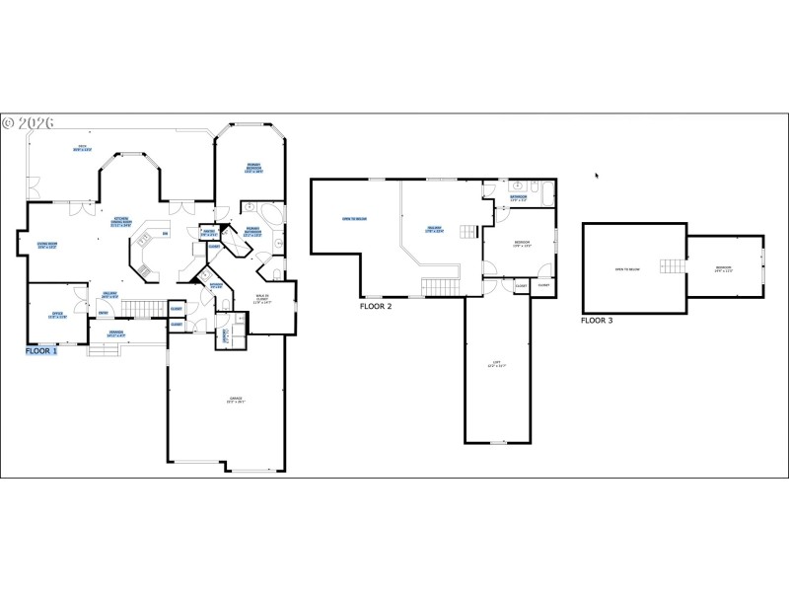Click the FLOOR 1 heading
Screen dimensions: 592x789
(42, 350)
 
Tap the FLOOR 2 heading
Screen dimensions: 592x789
(376, 306)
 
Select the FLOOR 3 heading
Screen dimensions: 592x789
(598, 320)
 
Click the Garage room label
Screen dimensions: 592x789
(235, 400)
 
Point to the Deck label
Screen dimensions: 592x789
(83, 149)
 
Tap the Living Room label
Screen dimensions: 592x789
(48, 246)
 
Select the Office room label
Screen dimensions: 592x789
(57, 316)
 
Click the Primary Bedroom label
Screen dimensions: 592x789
(253, 168)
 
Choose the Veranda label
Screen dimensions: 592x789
(117, 333)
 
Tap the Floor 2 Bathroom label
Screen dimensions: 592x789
(518, 197)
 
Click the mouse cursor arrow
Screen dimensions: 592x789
(596, 176)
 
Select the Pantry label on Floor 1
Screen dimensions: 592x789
(209, 234)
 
